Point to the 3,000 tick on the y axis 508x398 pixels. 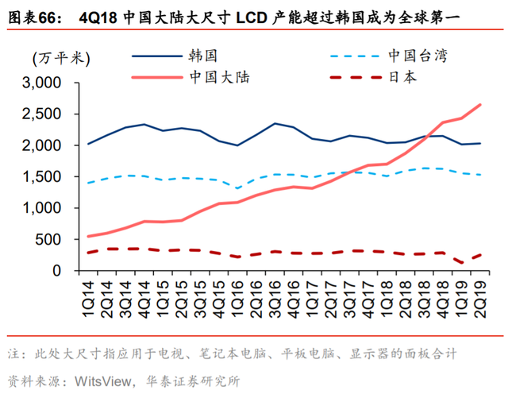(x=43, y=83)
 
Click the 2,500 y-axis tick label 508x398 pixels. (x=43, y=114)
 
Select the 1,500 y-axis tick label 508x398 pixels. (x=43, y=177)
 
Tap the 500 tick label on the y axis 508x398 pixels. (x=49, y=240)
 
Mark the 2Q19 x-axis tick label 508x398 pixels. (x=480, y=294)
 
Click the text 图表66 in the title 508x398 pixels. (x=30, y=15)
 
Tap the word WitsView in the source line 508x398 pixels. (x=104, y=380)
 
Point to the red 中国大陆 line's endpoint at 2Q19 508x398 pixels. (x=480, y=104)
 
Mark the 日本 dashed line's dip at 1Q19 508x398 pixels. (x=461, y=262)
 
